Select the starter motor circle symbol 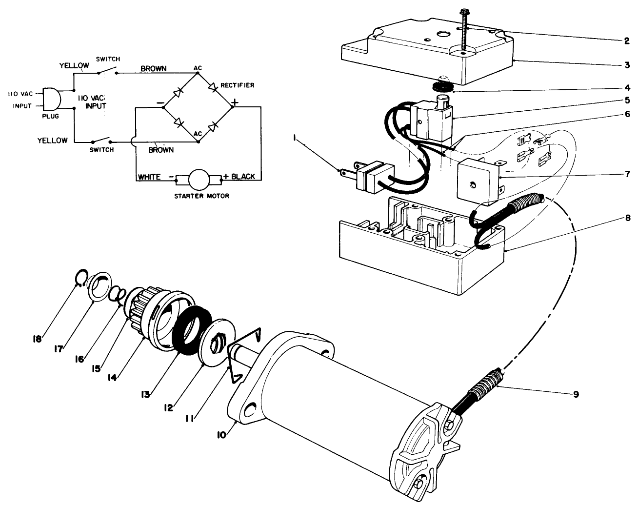[198, 180]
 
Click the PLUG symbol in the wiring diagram [51, 100]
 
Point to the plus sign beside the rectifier [236, 102]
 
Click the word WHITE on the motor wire [149, 177]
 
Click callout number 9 [576, 394]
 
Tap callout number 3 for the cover [626, 64]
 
